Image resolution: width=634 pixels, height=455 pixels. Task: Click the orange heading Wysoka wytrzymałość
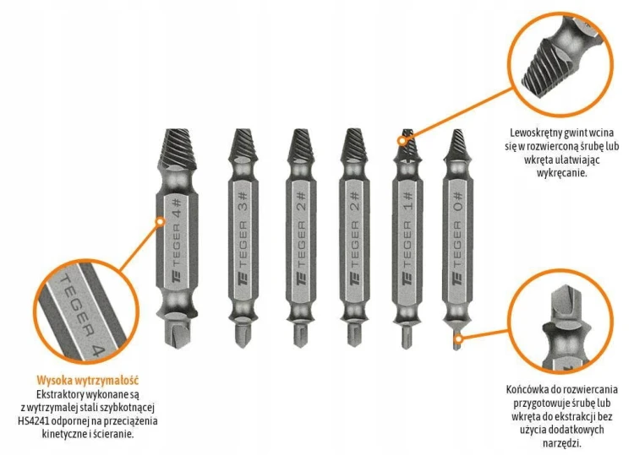tap(88, 380)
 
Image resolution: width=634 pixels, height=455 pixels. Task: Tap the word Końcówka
tap(524, 390)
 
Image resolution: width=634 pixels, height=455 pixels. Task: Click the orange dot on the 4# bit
tap(161, 221)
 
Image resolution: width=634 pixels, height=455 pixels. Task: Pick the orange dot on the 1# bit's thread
tap(402, 141)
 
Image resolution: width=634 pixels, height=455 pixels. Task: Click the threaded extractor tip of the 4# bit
tap(178, 149)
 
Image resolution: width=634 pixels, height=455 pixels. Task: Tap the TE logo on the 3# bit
tap(243, 279)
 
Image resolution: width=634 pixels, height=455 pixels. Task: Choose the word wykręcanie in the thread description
tap(562, 173)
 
